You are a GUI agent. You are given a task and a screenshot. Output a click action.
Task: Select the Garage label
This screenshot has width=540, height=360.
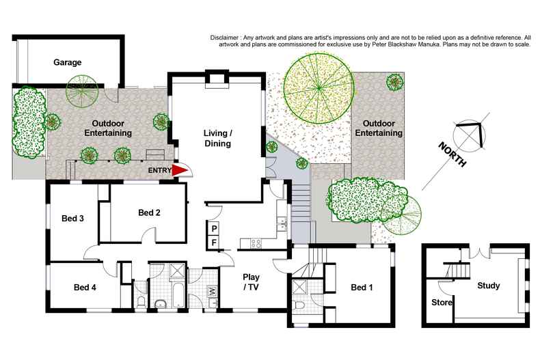(68, 62)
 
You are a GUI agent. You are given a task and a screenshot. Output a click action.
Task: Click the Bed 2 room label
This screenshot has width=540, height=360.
(149, 212)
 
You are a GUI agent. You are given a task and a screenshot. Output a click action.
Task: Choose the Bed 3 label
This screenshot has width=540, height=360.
(72, 219)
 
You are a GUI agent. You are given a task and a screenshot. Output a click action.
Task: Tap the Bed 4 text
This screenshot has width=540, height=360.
(85, 287)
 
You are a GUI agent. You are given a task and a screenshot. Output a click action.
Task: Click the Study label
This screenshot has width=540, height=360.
(489, 286)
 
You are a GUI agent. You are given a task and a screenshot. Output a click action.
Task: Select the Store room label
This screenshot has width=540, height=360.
(442, 301)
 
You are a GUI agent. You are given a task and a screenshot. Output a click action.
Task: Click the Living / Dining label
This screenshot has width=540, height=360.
(218, 138)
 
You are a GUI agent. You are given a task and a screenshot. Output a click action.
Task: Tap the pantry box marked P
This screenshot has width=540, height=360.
(213, 228)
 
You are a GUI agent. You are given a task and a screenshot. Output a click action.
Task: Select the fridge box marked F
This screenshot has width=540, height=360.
(213, 242)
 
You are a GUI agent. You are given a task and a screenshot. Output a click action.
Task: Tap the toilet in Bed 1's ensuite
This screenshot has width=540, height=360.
(299, 303)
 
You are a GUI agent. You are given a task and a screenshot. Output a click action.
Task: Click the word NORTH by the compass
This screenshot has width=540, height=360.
(453, 155)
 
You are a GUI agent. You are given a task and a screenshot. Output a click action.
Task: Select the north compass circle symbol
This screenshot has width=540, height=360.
(470, 135)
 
